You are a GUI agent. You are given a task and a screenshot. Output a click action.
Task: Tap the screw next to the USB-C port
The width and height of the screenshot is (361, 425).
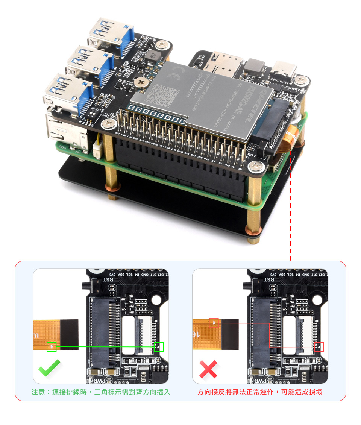(x=300, y=80)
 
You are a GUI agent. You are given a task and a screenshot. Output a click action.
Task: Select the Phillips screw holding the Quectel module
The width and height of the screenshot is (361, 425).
(x=142, y=82)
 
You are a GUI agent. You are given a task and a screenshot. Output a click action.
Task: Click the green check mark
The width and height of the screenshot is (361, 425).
(x=49, y=369)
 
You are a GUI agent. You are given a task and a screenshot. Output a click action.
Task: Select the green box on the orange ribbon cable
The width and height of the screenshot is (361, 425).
(x=52, y=346)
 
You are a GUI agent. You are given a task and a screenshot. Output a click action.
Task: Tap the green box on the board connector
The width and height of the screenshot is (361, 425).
(x=159, y=346)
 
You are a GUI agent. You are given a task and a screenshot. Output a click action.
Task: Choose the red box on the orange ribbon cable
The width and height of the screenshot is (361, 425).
(x=214, y=323)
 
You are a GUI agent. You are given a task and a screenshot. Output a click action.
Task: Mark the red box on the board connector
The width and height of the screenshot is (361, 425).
(x=319, y=346)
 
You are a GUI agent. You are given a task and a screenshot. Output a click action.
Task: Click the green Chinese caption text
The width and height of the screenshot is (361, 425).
(x=101, y=392)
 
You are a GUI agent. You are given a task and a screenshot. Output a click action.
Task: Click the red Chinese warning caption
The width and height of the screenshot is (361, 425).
(x=260, y=392)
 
